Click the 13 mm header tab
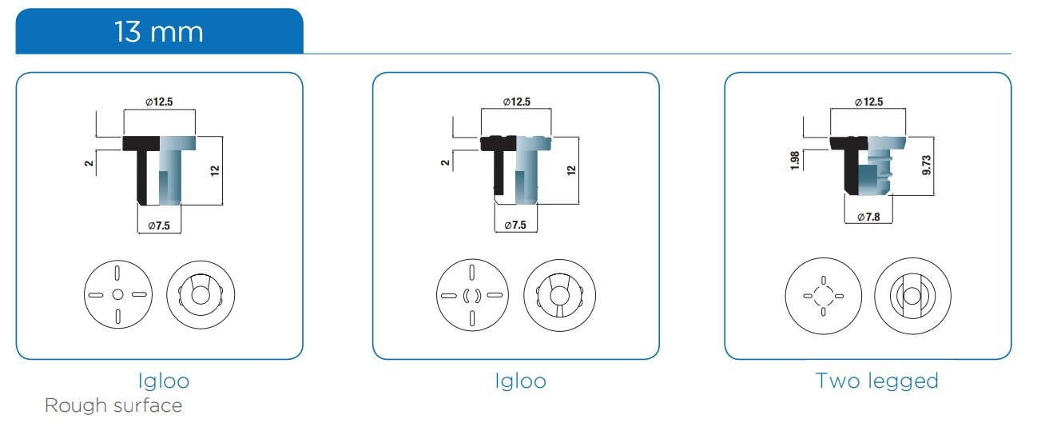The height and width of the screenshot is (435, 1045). (159, 32)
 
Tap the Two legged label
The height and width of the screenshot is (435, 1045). (876, 381)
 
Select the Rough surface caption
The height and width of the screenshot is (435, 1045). (113, 405)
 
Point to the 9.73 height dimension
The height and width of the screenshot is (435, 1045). (925, 165)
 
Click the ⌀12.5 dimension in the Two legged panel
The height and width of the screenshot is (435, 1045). (868, 102)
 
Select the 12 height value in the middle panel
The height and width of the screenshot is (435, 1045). (570, 170)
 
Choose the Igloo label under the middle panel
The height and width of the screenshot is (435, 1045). (520, 381)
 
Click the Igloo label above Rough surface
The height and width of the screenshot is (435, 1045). (163, 381)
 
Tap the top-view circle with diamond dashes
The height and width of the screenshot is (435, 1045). (824, 295)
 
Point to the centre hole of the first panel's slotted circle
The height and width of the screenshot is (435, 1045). (117, 295)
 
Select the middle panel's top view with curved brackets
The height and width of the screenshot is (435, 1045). (473, 295)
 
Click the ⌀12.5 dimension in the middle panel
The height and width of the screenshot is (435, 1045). (517, 102)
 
